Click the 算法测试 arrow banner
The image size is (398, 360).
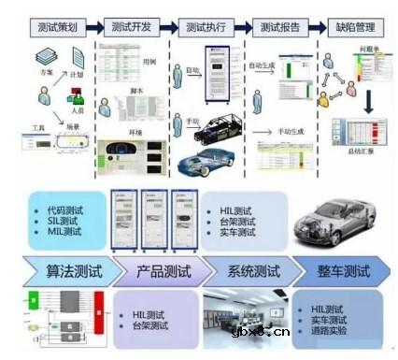65,273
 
